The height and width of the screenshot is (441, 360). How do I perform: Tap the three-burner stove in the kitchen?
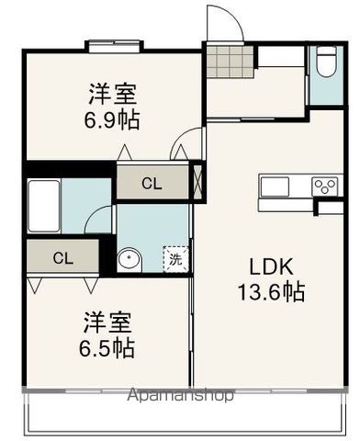tap(325, 186)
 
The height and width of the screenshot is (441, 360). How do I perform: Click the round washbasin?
tap(130, 259)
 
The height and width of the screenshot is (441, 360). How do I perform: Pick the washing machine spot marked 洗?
tap(175, 259)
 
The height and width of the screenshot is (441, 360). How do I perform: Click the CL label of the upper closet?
tap(152, 184)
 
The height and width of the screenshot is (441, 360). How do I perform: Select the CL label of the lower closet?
tap(62, 256)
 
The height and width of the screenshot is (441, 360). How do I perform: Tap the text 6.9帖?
tap(113, 120)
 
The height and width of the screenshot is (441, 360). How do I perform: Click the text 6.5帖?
tap(108, 348)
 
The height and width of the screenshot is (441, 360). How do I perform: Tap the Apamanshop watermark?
tap(180, 396)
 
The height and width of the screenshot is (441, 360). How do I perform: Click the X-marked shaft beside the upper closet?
tap(199, 179)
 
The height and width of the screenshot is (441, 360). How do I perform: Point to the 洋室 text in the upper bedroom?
tap(113, 94)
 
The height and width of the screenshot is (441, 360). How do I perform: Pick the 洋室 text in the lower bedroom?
tap(108, 322)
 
